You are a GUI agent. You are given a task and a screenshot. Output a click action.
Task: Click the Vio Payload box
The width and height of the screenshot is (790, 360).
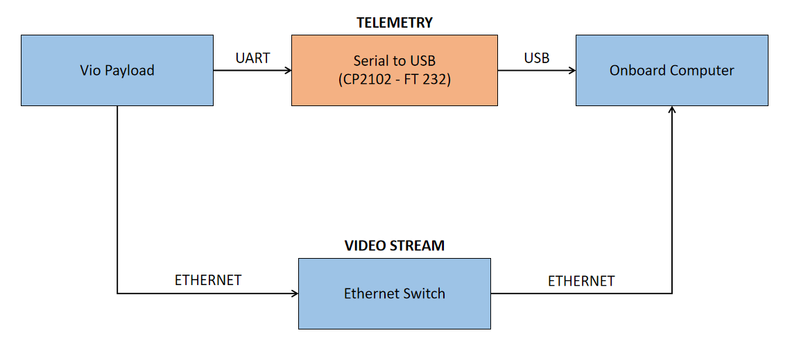pos(117,70)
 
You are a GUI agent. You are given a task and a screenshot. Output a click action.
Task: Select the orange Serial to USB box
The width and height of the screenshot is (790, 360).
pos(395,70)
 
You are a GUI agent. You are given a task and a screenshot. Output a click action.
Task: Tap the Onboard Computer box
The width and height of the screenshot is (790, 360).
pos(672,70)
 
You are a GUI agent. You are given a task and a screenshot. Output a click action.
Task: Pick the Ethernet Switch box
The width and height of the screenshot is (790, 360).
pos(395,293)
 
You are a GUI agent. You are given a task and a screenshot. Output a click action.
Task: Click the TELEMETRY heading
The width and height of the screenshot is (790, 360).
pos(395,23)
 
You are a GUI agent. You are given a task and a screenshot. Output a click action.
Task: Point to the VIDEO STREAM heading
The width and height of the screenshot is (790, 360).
pos(395,246)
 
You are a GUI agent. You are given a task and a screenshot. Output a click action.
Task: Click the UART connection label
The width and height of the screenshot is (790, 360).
pos(253,58)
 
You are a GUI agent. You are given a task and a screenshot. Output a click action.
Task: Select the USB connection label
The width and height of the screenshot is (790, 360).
pos(537,58)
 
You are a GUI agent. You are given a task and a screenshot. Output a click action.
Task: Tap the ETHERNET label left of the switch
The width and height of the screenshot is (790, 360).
pos(208,280)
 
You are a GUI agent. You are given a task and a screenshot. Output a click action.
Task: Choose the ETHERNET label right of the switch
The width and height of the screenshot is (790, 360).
pos(581,281)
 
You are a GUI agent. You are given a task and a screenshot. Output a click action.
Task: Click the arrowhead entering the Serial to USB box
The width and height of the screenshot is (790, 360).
pos(289,71)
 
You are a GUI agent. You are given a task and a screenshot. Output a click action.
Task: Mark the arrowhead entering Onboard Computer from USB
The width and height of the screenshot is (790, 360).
pos(573,71)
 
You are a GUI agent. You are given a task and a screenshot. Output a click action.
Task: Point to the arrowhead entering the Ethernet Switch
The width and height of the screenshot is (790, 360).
pos(295,293)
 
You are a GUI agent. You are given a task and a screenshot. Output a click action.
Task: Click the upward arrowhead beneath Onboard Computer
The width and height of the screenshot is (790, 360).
pos(671,109)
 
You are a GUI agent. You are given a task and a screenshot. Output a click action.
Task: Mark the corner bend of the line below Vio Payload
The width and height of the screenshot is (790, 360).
pos(117,293)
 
